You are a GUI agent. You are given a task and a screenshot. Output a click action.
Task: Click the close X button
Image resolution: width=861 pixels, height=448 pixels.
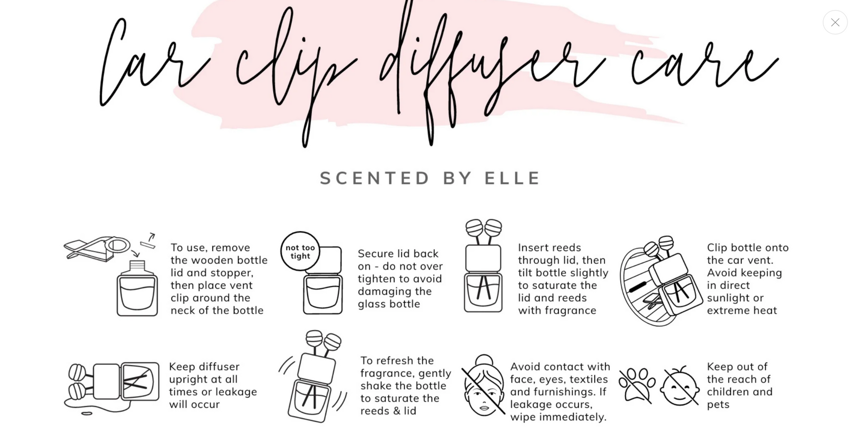click(835, 22)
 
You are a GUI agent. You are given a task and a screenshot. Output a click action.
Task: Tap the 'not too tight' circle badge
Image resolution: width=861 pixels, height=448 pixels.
click(300, 251)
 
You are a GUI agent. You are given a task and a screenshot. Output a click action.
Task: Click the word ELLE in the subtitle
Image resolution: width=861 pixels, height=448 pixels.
click(512, 178)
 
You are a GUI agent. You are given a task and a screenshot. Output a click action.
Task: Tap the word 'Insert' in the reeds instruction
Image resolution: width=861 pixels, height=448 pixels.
click(534, 248)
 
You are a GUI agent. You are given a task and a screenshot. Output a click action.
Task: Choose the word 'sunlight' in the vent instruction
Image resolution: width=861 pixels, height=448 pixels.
click(729, 298)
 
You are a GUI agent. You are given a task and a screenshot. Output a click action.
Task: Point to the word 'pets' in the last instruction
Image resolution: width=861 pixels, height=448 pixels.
click(718, 405)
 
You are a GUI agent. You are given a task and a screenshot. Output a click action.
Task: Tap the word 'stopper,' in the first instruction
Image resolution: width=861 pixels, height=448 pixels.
click(232, 273)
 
